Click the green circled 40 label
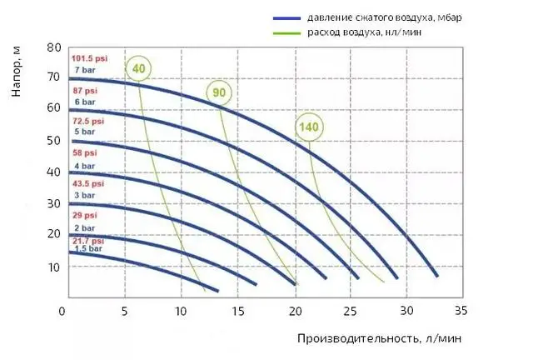point(137,68)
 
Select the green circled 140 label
point(309,127)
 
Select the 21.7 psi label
point(87,240)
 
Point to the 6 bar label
point(83,102)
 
